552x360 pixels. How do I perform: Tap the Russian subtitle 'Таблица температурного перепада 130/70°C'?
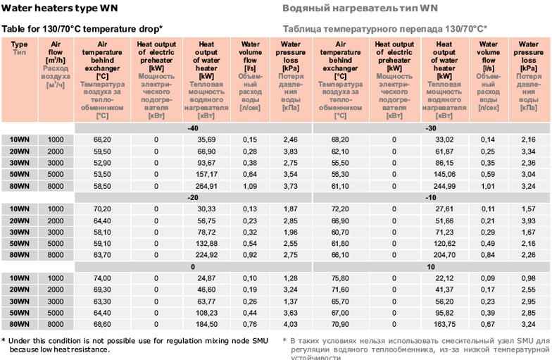click(x=385, y=29)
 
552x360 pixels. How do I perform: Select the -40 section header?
click(x=192, y=128)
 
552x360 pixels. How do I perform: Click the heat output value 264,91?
click(x=206, y=185)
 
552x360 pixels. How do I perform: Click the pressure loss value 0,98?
click(x=529, y=278)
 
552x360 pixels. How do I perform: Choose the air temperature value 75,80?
click(x=340, y=278)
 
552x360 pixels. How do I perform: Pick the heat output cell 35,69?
click(x=206, y=139)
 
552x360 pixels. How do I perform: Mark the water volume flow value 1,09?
click(x=250, y=185)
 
